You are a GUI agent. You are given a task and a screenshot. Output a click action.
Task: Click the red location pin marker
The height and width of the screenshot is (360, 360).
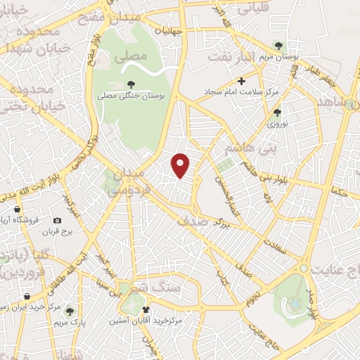click(x=181, y=165)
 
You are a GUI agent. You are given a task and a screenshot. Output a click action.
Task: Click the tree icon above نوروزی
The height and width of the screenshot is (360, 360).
click(x=277, y=112)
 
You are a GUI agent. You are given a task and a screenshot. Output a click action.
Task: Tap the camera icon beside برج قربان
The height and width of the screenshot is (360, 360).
click(x=57, y=220)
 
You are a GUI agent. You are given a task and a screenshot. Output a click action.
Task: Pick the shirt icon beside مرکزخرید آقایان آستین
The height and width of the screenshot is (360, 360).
click(x=146, y=309)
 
